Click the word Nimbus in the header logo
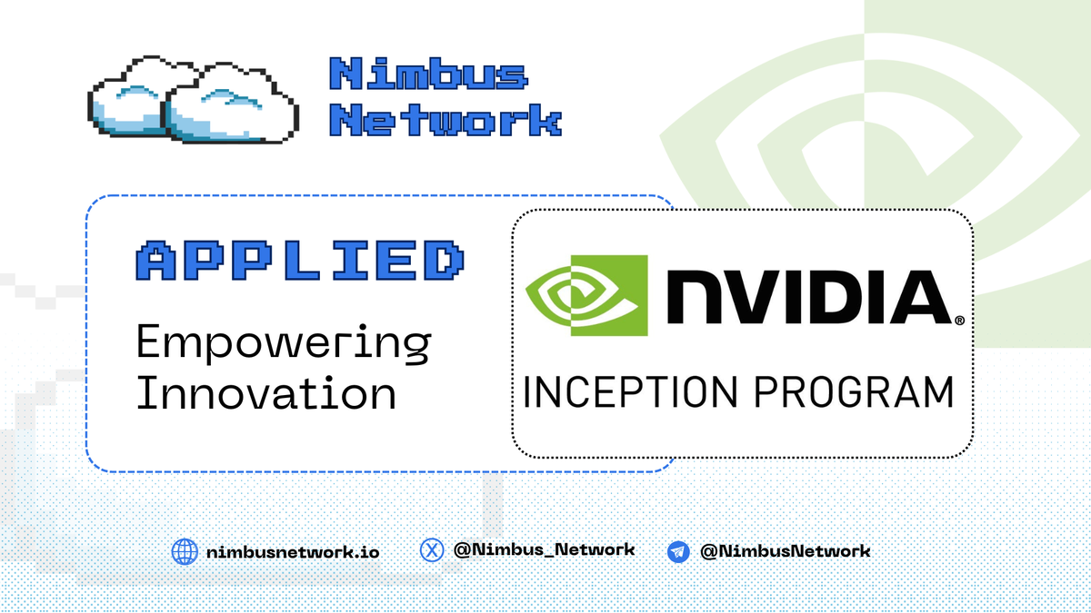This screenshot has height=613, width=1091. pyautogui.click(x=428, y=75)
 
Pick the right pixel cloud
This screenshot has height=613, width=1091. pyautogui.click(x=232, y=104)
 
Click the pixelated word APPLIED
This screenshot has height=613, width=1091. pyautogui.click(x=300, y=262)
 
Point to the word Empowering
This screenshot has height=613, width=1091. pyautogui.click(x=283, y=343)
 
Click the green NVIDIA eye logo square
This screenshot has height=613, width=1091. pyautogui.click(x=588, y=294)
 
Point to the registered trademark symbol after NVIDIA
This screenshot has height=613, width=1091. pyautogui.click(x=958, y=321)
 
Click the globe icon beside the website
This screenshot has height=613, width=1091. pyautogui.click(x=185, y=551)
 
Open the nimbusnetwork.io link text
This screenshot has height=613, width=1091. pyautogui.click(x=293, y=551)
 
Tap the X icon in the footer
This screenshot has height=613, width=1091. pyautogui.click(x=432, y=549)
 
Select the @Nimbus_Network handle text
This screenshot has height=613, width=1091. pyautogui.click(x=544, y=549)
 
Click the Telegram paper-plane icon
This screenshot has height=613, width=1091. pyautogui.click(x=678, y=551)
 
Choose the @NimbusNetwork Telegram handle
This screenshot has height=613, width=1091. pyautogui.click(x=786, y=550)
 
